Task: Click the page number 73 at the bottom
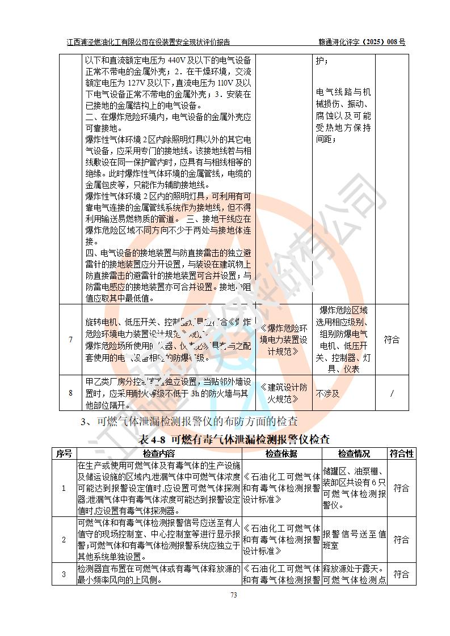pos(233,595)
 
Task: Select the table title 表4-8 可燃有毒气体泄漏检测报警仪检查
pos(234,439)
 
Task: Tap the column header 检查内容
pos(159,453)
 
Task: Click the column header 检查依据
pos(281,453)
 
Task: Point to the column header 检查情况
pos(354,453)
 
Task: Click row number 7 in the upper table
pos(70,340)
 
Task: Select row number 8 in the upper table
pos(70,392)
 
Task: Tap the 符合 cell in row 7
pos(392,340)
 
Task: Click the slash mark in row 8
pos(392,392)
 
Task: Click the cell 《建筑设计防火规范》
pos(284,392)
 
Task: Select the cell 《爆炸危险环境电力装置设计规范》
pos(284,340)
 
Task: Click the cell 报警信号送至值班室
pos(354,539)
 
